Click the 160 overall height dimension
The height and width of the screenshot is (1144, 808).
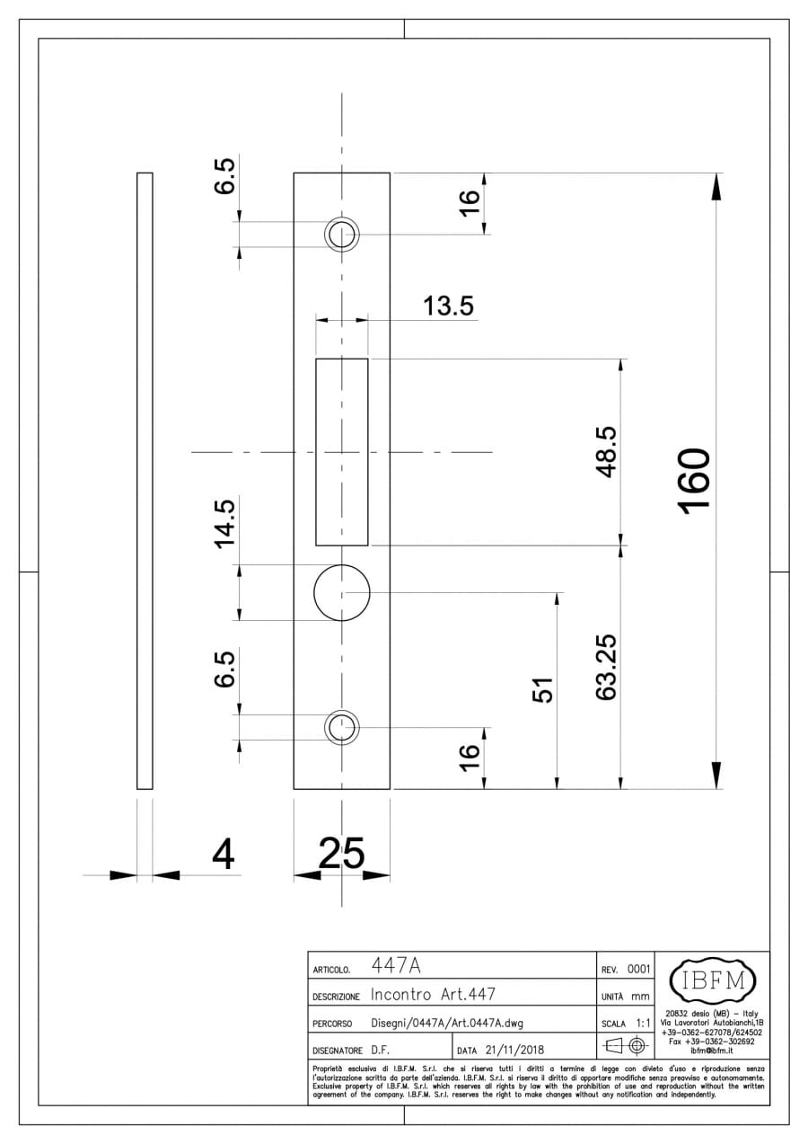pos(696,481)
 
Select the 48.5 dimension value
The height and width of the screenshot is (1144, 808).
pos(608,451)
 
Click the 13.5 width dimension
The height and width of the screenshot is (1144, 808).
pos(448,306)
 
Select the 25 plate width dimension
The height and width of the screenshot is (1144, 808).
pos(341,853)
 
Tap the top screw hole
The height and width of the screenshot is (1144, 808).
pos(341,235)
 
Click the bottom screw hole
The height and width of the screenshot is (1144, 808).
pos(341,727)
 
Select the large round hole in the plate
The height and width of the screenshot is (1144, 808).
pos(341,593)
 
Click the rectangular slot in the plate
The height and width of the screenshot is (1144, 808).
pos(341,451)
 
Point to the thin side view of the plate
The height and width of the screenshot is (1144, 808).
pos(145,481)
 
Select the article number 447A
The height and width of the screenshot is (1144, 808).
pos(396,966)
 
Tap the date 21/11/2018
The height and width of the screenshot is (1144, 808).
pos(514,1049)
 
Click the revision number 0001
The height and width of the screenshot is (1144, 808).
pos(638,968)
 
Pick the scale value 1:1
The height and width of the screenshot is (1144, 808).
pos(642,1023)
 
